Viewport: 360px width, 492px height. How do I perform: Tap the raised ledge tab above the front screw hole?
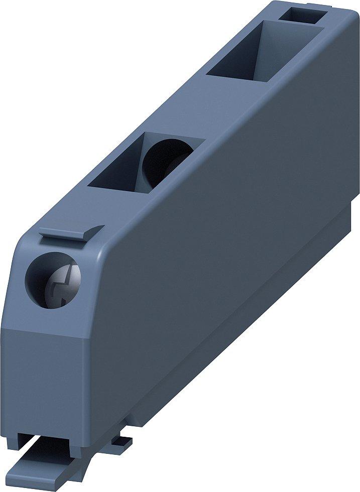click(70, 232)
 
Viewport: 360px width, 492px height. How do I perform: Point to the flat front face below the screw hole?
click(45, 372)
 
